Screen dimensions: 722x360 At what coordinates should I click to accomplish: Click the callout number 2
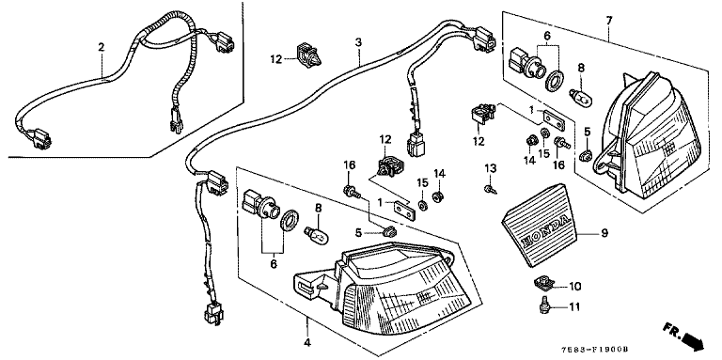tap(101, 47)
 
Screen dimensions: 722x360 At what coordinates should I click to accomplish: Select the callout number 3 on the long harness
tap(358, 42)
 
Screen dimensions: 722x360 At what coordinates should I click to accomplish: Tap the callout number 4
tap(307, 342)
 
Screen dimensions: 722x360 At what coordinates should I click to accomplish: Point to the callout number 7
tap(609, 21)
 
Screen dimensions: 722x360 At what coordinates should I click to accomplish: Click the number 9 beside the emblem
tap(604, 233)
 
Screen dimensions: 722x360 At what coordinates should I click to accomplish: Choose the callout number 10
tap(575, 287)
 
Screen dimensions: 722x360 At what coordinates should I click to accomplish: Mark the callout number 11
tap(574, 306)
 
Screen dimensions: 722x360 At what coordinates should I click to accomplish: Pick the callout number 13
tap(491, 168)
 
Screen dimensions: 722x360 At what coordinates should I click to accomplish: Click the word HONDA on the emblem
tap(542, 232)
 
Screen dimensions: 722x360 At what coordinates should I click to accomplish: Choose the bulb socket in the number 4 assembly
tap(260, 205)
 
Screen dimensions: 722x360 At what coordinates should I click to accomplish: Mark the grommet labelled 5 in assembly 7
tap(586, 156)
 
